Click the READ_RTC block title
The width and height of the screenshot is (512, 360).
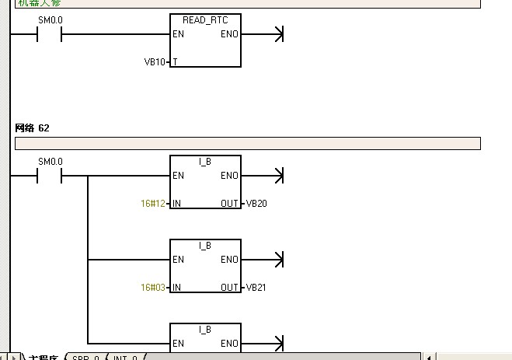click(205, 19)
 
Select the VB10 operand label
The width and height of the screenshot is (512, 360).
click(155, 61)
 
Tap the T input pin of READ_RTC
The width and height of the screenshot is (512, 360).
click(175, 61)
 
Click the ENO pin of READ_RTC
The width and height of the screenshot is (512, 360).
click(229, 34)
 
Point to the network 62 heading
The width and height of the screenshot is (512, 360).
click(33, 128)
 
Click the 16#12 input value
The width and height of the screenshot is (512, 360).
click(153, 203)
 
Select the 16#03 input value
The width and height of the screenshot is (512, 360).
click(153, 287)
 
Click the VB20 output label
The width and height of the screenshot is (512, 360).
click(256, 203)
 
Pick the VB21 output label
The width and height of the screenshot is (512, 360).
click(256, 287)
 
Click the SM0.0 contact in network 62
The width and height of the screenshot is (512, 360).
click(50, 176)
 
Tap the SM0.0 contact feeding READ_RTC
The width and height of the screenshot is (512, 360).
click(50, 34)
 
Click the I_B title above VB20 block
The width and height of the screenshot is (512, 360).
click(205, 161)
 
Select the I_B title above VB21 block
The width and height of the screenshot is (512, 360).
click(205, 245)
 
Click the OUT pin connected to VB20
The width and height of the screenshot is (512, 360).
click(229, 203)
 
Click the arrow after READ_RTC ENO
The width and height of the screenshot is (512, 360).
click(275, 34)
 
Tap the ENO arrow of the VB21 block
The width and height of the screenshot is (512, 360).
click(275, 260)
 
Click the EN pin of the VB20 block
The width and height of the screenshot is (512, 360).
click(179, 176)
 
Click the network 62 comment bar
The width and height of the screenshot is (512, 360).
click(247, 143)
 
